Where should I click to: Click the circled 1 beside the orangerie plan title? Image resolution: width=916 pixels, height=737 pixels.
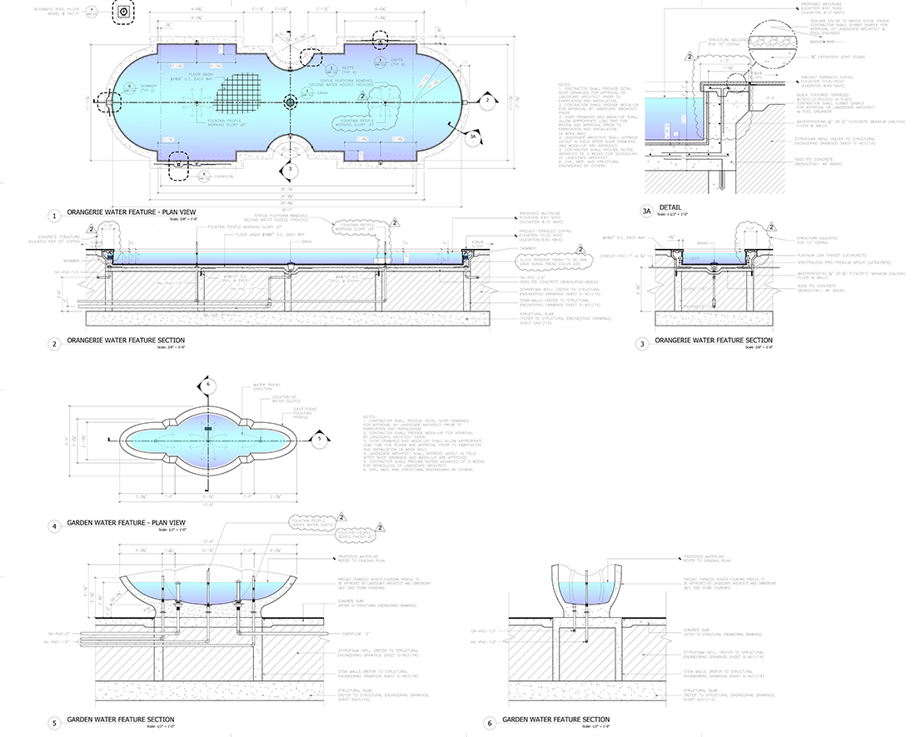point(55,216)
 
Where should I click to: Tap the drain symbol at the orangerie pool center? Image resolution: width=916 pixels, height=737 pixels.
point(290,102)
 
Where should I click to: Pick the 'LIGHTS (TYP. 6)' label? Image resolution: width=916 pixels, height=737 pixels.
point(398,60)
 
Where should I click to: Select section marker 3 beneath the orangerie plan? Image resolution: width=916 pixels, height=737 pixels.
point(289,170)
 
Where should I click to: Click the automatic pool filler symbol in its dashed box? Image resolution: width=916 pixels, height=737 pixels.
point(123,12)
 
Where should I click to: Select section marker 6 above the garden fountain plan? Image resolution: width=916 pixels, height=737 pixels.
point(209,384)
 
